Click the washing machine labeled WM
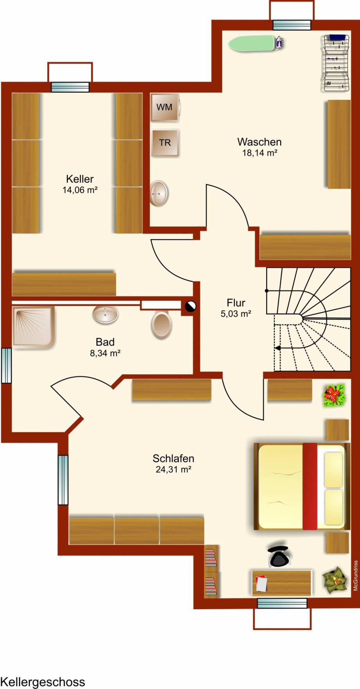coord(165,107)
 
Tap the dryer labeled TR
coord(165,143)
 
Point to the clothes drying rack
coord(336,63)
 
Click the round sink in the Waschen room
coord(159,193)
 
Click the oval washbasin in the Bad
coord(106,314)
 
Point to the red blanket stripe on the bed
coord(310,486)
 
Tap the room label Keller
coord(80,179)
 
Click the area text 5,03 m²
coord(236,313)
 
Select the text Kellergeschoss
coord(43,682)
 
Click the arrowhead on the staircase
coord(277,348)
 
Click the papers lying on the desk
coord(261,583)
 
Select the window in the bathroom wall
coord(7,365)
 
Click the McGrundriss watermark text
coord(356,576)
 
